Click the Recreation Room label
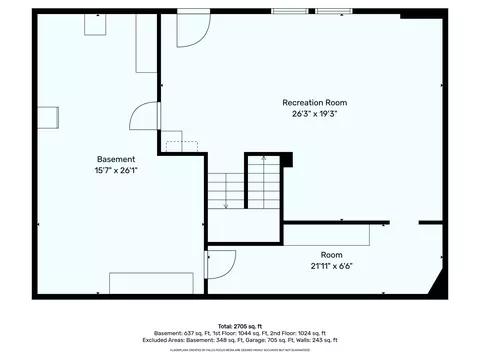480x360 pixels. (314, 102)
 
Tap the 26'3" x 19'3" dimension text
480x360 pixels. (314, 113)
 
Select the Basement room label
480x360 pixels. (116, 160)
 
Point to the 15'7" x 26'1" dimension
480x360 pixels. (116, 171)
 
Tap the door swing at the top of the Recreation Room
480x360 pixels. (190, 32)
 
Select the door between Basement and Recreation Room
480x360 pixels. (146, 115)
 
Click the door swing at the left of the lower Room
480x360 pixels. (222, 263)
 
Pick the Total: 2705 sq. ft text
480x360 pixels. (239, 326)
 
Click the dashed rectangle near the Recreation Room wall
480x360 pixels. (182, 147)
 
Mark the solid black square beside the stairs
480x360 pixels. (287, 158)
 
